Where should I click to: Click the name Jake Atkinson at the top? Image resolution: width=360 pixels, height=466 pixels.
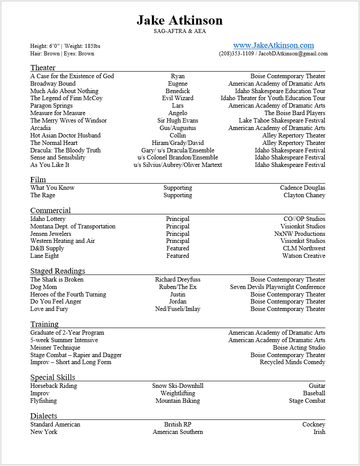pos(180,20)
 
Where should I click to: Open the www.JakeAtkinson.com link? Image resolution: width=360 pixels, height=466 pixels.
pos(273,45)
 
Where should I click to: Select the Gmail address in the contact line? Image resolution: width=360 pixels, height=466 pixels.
pos(293,54)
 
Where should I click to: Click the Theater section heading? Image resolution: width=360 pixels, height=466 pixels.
pos(43,68)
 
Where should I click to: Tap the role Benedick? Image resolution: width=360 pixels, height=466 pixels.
pos(178,91)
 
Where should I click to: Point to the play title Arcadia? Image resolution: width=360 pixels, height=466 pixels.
pos(40,128)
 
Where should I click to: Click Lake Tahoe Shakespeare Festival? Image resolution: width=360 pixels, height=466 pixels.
pos(282,120)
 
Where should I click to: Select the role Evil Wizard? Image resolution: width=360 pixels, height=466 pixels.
pos(178,98)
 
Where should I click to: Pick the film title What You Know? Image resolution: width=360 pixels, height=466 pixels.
pos(52,188)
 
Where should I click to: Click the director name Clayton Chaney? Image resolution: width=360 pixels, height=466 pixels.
pos(304,195)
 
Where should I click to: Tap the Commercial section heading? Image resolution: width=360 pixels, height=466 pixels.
pos(50,210)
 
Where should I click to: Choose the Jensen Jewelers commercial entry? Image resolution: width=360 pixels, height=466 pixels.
pos(50,234)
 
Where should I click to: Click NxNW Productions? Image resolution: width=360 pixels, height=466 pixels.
pos(300,234)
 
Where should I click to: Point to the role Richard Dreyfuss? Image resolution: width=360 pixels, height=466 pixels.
pos(178,279)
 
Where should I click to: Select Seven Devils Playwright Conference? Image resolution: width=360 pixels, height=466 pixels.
pos(277,287)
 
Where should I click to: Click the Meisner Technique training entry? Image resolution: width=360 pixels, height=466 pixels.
pos(55,347)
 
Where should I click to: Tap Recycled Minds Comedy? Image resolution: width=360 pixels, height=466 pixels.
pos(292,362)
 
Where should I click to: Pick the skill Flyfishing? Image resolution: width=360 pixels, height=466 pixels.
pos(43,401)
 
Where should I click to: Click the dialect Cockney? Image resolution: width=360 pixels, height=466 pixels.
pos(313,424)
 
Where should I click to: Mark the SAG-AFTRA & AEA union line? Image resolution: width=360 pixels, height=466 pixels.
pos(180,31)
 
